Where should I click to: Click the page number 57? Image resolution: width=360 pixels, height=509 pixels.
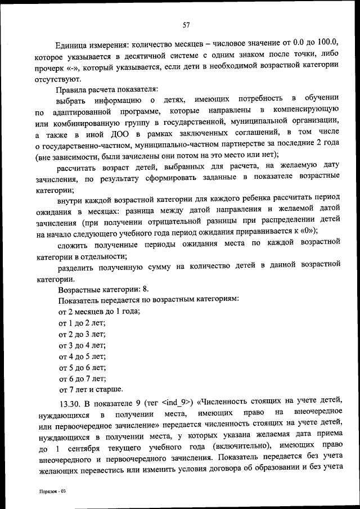[x=186, y=24]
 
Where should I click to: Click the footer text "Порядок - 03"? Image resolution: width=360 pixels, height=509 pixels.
[x=52, y=491]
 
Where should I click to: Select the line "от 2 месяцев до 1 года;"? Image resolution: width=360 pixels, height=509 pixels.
[x=100, y=311]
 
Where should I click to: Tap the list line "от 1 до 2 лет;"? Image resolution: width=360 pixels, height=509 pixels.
[x=82, y=322]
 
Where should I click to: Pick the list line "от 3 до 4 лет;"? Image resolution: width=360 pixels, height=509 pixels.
[x=82, y=345]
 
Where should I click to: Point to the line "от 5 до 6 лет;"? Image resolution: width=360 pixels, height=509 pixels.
[x=82, y=367]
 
